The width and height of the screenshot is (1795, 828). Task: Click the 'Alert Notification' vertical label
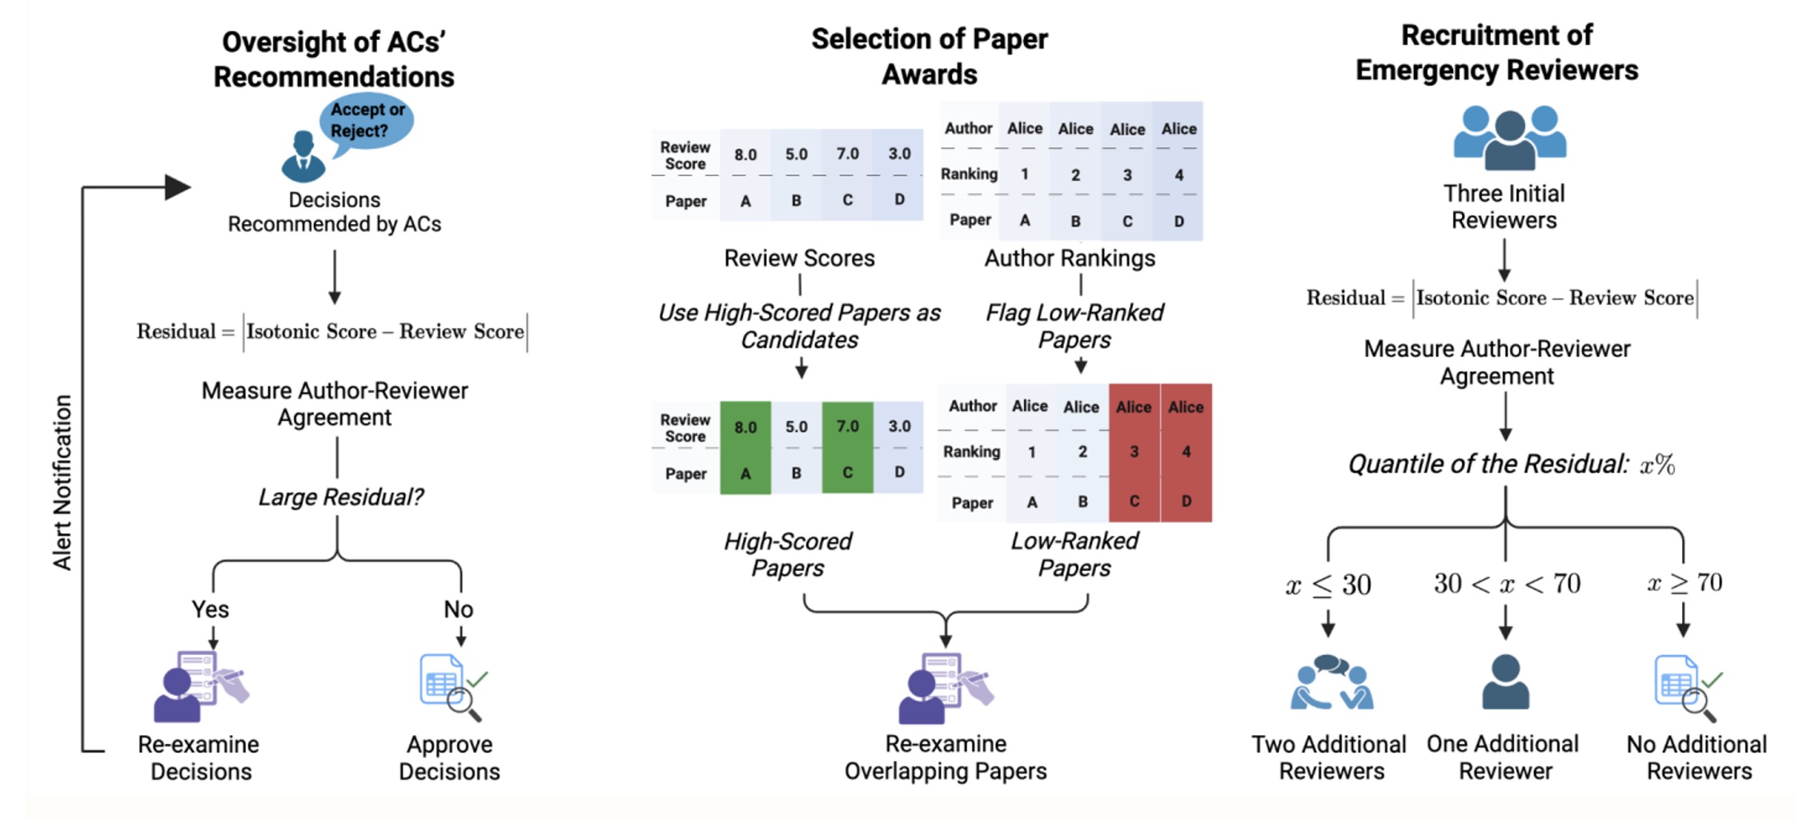click(x=62, y=483)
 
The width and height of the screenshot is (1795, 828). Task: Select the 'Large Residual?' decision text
click(x=340, y=497)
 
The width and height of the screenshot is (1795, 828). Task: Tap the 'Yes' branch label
click(x=211, y=609)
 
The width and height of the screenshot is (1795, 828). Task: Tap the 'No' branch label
click(x=459, y=609)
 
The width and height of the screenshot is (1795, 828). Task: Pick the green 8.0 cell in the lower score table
click(x=745, y=427)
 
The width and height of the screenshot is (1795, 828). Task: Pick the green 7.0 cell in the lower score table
click(x=847, y=427)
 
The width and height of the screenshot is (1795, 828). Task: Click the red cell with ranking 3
click(x=1134, y=452)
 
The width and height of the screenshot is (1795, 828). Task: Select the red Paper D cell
click(x=1186, y=501)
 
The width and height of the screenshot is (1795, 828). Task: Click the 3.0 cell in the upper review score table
click(x=899, y=154)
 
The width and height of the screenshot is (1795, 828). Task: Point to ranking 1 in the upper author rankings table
click(x=1025, y=175)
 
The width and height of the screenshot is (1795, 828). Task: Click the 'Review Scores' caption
click(x=799, y=259)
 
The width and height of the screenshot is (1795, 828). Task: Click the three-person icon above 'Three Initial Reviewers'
click(x=1509, y=137)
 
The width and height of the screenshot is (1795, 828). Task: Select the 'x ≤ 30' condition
click(x=1328, y=585)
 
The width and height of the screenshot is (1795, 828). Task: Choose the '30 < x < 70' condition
click(x=1507, y=584)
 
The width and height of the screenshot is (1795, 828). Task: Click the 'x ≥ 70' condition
click(x=1685, y=583)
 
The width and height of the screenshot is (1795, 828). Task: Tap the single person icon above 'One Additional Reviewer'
click(x=1505, y=682)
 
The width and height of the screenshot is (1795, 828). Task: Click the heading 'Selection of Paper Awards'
click(x=929, y=56)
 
